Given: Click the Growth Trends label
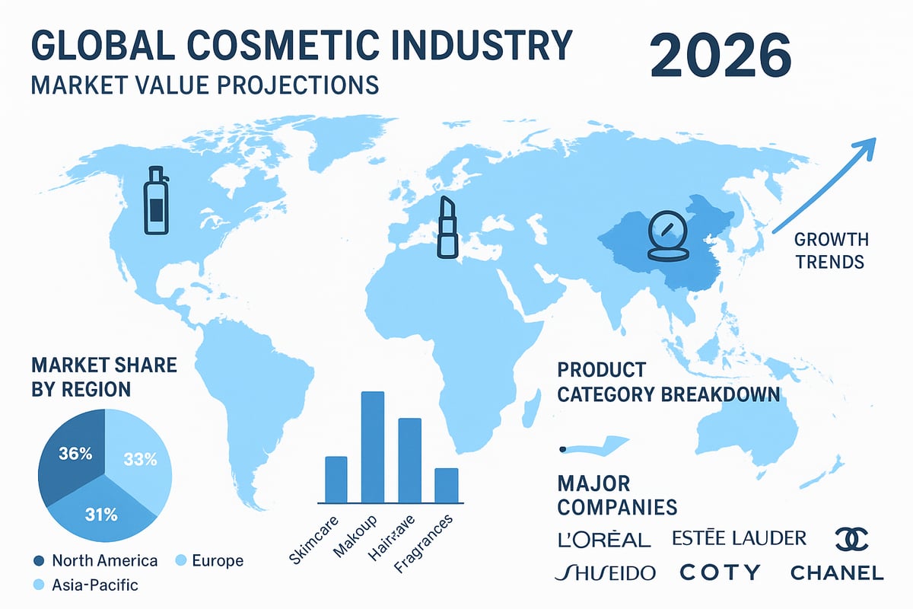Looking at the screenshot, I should (830, 250).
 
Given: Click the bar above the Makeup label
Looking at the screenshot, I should (372, 447).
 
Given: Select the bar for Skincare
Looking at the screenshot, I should (336, 480).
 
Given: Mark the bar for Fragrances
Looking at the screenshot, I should (446, 485).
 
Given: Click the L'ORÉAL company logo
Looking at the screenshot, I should (603, 539).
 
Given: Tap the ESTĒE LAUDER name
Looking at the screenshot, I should (740, 538).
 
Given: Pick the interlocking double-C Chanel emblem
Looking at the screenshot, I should (851, 539).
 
